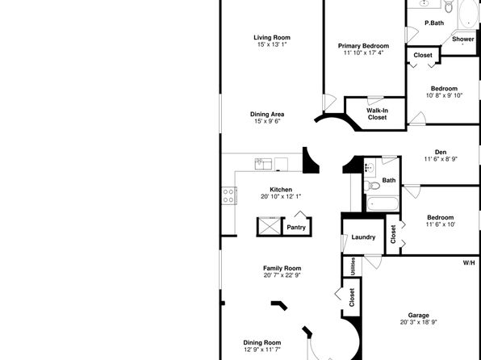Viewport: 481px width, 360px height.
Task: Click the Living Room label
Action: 272,37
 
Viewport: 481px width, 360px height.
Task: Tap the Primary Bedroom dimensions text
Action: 363,52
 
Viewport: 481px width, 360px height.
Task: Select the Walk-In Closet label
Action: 378,114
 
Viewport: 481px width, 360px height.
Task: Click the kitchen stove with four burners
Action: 229,196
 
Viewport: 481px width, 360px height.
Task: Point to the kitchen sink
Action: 263,164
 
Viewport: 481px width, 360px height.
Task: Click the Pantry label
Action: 296,228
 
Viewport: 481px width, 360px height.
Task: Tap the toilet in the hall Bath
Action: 372,185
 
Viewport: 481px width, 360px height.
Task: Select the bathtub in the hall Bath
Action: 383,203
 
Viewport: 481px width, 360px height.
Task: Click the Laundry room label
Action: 363,237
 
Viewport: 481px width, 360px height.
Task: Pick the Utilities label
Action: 353,266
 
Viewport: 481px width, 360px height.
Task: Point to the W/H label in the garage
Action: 469,262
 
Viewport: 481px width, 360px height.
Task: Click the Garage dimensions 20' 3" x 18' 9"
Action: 418,322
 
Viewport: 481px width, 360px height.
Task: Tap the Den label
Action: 441,153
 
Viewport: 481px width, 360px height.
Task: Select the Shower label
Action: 463,40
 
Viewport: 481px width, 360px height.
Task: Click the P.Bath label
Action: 434,23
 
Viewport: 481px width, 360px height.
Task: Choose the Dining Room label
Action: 262,342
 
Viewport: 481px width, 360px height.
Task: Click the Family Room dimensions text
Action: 282,275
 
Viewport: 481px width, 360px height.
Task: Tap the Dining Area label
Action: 267,114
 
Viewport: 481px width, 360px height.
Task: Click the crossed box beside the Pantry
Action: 269,227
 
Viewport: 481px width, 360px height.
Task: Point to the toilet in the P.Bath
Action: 449,6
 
